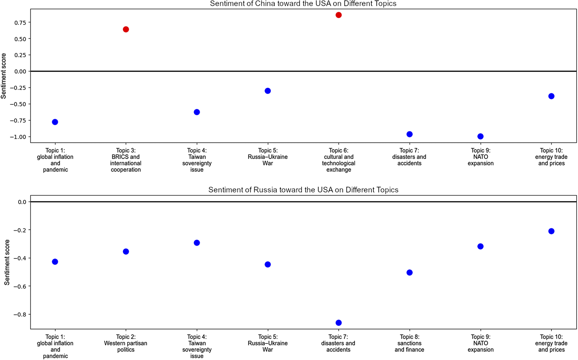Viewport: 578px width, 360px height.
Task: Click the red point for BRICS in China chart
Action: [x=126, y=29]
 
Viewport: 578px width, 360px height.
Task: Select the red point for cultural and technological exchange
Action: [x=339, y=15]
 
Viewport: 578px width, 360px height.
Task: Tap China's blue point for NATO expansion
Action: [x=480, y=136]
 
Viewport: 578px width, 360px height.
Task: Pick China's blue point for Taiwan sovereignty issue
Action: [x=197, y=112]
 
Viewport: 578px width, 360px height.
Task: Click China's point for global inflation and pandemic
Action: [x=55, y=122]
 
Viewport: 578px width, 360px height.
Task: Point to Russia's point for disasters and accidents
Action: [x=339, y=323]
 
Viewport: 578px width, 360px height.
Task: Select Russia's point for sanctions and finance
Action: [x=409, y=273]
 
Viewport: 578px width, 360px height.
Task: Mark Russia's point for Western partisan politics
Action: [x=126, y=252]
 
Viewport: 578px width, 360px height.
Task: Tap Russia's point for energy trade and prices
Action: [x=551, y=231]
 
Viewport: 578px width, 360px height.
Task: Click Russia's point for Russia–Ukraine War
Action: [x=268, y=264]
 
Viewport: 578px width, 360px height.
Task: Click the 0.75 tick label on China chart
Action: [x=20, y=23]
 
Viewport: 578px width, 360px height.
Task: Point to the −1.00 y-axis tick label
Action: [x=18, y=137]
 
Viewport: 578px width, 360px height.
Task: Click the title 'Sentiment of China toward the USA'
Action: [x=303, y=4]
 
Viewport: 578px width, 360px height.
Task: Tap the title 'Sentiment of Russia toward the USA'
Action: [x=303, y=190]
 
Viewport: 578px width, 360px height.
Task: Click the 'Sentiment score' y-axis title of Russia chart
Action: [x=7, y=262]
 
